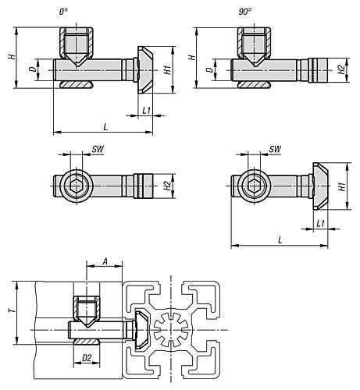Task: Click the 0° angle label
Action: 63,12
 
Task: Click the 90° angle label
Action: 245,12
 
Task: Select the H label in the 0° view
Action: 12,56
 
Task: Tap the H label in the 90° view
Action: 192,56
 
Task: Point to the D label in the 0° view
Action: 32,69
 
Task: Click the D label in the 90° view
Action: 209,69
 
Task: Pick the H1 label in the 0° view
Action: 169,69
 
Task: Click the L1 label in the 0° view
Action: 147,110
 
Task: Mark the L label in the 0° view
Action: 105,127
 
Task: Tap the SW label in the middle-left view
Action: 98,149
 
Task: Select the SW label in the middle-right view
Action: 275,149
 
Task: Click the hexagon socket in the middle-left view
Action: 77,186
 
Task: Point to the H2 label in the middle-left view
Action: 169,186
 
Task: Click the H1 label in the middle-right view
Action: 343,186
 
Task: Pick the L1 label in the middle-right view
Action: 321,223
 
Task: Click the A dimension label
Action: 105,261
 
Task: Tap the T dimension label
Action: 12,310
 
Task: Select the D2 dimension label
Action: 87,358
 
